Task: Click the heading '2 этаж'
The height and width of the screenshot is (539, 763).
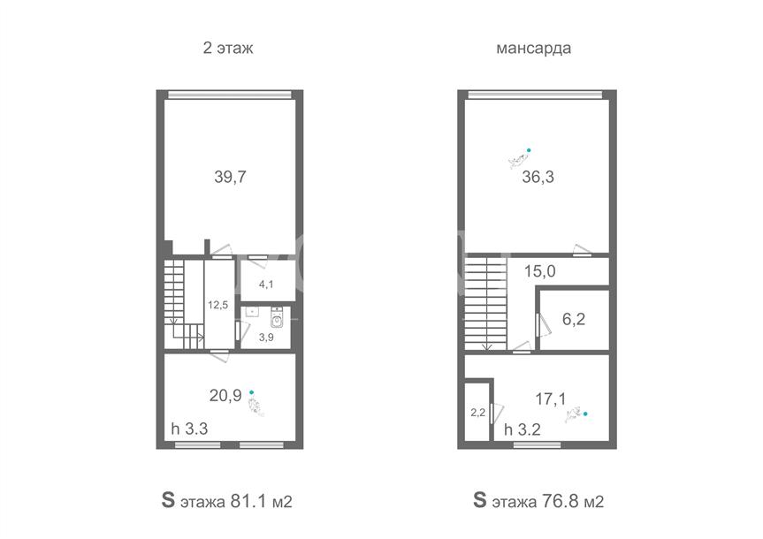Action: [228, 49]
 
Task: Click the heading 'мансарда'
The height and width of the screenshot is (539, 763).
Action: [533, 49]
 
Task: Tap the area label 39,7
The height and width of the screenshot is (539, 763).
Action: [230, 177]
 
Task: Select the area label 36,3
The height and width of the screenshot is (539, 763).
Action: [538, 177]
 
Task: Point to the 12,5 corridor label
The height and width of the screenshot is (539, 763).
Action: [218, 305]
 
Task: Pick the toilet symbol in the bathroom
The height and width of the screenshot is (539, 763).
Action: [277, 317]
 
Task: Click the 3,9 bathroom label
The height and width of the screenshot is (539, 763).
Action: [266, 338]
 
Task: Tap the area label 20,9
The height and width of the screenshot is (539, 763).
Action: [225, 396]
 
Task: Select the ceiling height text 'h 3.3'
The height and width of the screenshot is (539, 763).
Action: [189, 429]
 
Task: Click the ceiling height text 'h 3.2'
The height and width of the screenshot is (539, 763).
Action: [523, 429]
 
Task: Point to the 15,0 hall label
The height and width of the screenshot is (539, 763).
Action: [539, 271]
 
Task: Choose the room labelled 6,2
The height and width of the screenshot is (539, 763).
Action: [574, 319]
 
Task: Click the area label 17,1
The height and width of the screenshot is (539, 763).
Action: [550, 399]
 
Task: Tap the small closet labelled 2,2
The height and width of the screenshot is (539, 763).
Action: [477, 413]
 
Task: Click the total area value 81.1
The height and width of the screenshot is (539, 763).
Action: [248, 501]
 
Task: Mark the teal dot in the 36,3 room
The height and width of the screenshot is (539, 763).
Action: [529, 150]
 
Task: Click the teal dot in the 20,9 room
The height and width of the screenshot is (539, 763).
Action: [252, 392]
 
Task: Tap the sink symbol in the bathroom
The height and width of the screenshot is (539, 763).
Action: [252, 311]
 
